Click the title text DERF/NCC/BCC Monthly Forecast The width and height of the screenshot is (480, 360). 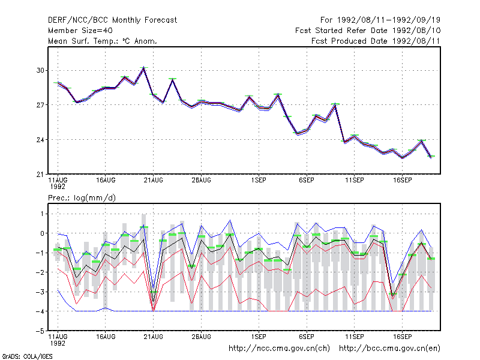(x=112, y=20)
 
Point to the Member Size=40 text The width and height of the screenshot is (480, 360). (x=80, y=31)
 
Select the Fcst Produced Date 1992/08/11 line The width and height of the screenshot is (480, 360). (x=376, y=41)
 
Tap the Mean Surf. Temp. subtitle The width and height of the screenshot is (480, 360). (x=103, y=41)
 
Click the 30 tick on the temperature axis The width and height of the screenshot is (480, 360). (x=40, y=70)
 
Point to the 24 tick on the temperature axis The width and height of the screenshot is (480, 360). (x=40, y=140)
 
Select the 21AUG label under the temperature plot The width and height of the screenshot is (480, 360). (x=154, y=181)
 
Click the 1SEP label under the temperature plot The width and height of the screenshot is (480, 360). (x=259, y=181)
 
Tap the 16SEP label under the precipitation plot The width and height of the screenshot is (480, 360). (x=402, y=337)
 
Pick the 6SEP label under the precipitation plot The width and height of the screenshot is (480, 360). (x=307, y=337)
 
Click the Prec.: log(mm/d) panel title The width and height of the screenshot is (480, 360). (x=82, y=198)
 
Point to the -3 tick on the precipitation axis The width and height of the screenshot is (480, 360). (x=40, y=292)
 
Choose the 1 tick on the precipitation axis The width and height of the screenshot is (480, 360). (x=42, y=214)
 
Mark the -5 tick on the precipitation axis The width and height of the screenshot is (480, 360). (x=40, y=331)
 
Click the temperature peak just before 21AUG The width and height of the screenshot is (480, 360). (x=144, y=68)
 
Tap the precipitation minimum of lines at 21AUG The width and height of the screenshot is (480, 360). (x=154, y=311)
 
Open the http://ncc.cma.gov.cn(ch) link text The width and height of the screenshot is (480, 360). (x=279, y=349)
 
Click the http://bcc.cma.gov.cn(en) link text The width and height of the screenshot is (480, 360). (x=389, y=349)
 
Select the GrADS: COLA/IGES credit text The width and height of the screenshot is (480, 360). (x=27, y=356)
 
